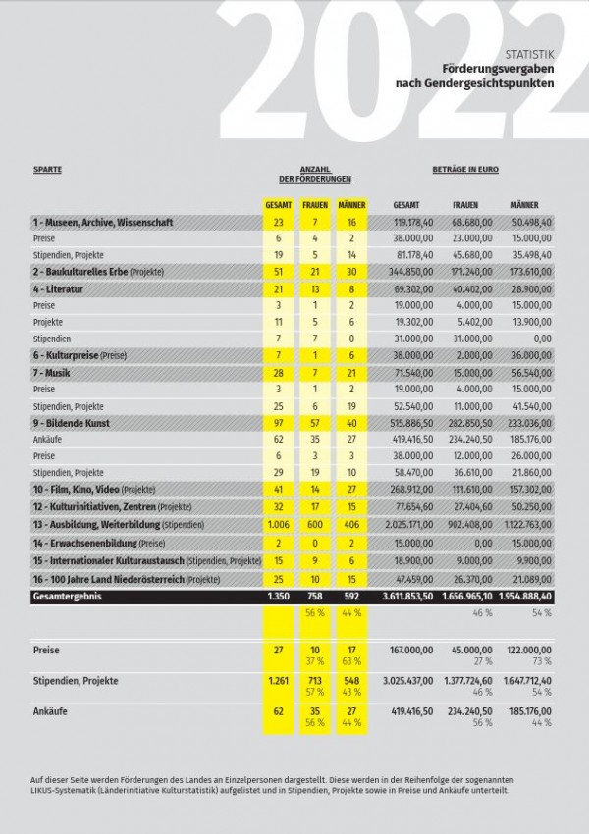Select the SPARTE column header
47,169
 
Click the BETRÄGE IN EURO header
465,169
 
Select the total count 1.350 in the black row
279,596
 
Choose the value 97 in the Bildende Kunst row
279,423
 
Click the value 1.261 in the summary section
279,678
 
